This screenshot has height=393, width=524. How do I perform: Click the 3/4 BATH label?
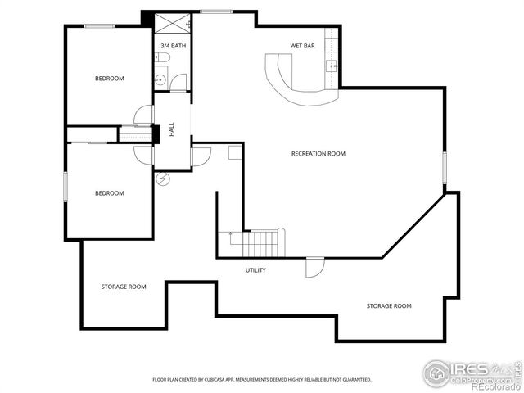[173, 46]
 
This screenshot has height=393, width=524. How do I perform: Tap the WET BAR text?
[302, 46]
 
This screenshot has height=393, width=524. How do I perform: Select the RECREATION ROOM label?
[318, 153]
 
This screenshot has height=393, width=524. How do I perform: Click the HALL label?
[172, 129]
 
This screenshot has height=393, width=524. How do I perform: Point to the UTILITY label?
[255, 270]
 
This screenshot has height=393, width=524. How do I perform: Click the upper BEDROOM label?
[109, 79]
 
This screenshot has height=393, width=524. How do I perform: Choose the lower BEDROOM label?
[109, 193]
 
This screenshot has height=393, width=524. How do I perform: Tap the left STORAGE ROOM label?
[124, 287]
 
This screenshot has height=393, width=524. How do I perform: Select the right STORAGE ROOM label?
[389, 306]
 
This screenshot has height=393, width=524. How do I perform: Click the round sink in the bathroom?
[160, 80]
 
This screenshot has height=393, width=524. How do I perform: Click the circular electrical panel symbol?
[162, 179]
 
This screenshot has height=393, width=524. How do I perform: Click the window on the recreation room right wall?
[445, 168]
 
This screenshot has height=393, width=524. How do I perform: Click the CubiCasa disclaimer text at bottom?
[261, 380]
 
